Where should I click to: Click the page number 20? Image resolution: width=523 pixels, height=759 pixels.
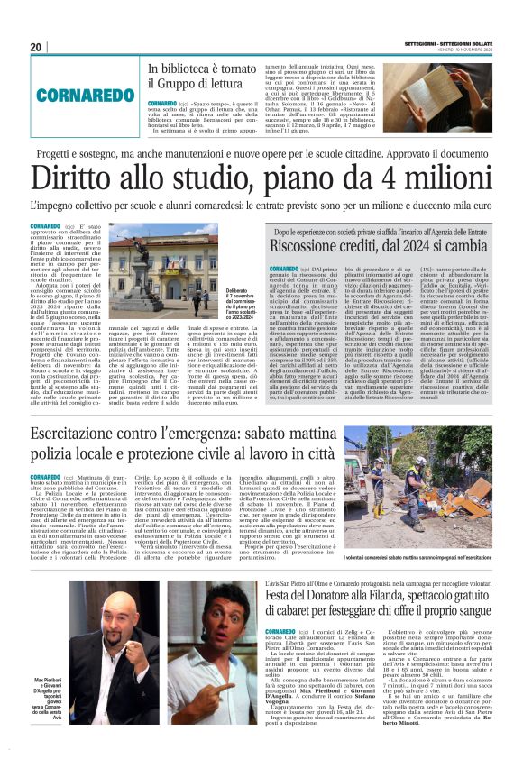click(36, 47)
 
